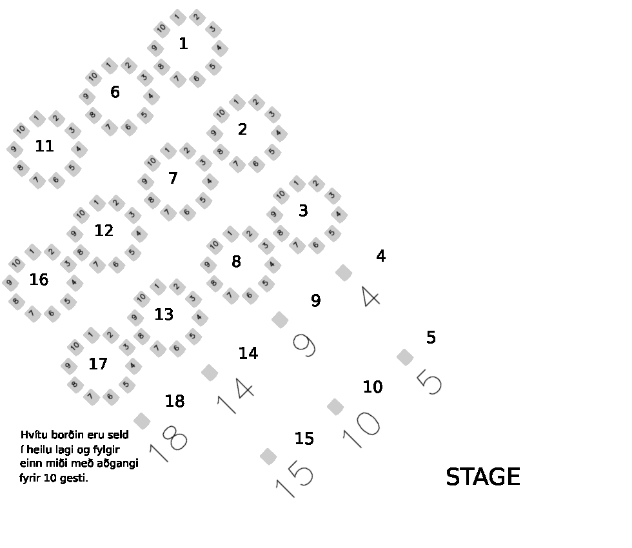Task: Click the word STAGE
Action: tap(483, 476)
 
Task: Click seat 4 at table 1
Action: tap(220, 48)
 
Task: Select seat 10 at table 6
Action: tap(93, 76)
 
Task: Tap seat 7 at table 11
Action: tap(37, 180)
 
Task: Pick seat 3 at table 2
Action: tap(272, 114)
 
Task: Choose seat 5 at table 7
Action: tap(203, 200)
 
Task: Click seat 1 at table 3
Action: tap(297, 184)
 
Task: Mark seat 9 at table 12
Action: tap(74, 233)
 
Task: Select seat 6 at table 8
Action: tap(250, 295)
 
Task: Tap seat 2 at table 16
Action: tap(52, 252)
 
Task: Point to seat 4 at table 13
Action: tap(199, 317)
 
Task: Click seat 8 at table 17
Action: tap(75, 384)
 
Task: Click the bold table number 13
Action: tap(164, 315)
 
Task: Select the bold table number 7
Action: tap(173, 178)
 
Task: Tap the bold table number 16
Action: tap(39, 279)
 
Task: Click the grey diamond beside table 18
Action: tap(142, 420)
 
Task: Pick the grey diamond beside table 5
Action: tap(405, 357)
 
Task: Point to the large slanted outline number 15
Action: tap(295, 478)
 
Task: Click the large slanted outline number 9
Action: tap(304, 346)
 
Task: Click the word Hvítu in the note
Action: tap(34, 435)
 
